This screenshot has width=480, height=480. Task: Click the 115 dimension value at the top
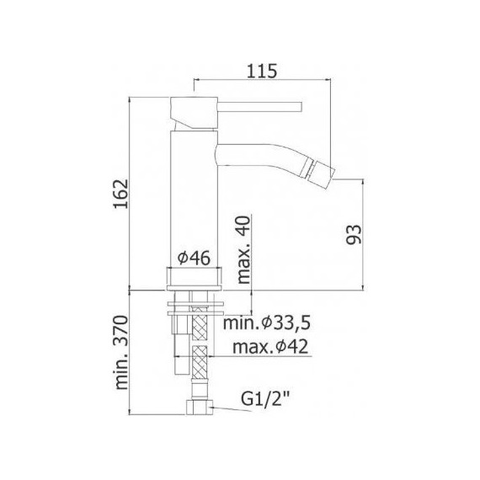tap(261, 71)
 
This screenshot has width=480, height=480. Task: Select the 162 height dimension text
tap(121, 194)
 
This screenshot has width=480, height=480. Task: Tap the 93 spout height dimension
tap(354, 234)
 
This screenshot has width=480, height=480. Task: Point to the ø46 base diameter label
tap(194, 258)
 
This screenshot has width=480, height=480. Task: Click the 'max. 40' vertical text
tap(244, 250)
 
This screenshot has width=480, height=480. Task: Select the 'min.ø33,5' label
tap(267, 323)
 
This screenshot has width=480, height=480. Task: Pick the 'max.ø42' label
tap(270, 347)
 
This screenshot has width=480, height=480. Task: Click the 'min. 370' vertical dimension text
tap(121, 352)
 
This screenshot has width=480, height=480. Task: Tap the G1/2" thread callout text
tap(265, 399)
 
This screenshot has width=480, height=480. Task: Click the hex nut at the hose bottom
tap(199, 407)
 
